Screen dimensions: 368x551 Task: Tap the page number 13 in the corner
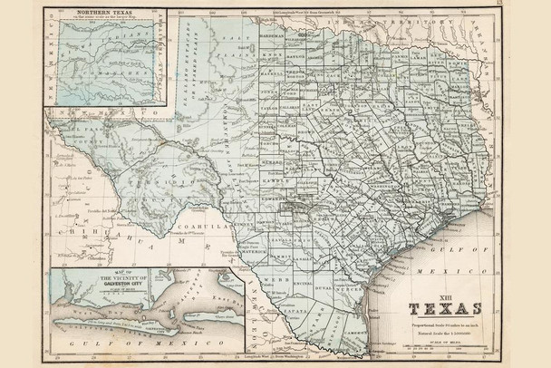538,5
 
